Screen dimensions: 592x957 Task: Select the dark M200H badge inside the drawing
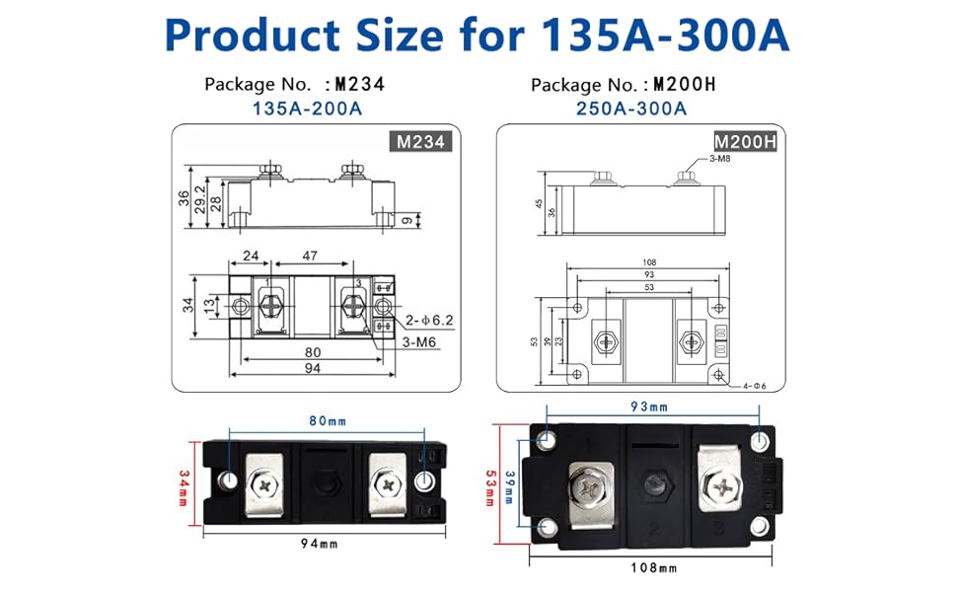[x=746, y=143]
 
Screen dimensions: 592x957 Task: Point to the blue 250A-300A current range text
[x=631, y=109]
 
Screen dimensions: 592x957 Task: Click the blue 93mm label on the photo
[x=648, y=407]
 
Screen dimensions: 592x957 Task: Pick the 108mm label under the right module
[x=655, y=567]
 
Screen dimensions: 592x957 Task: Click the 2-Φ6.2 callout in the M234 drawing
[x=428, y=321]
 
